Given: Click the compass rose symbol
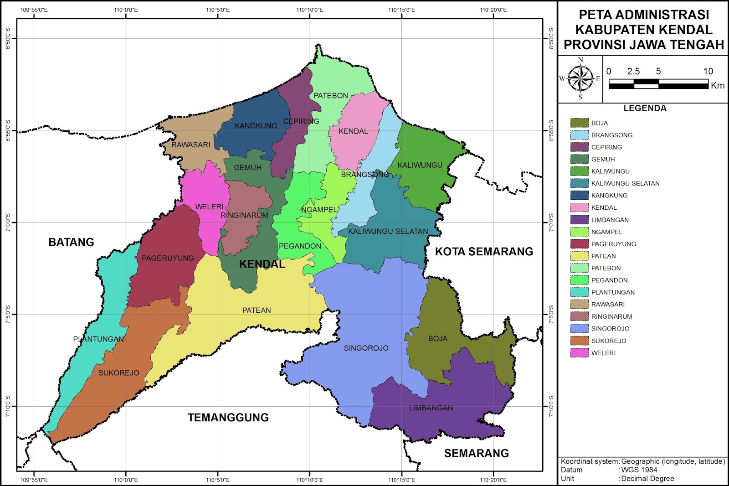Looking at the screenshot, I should tap(580, 78).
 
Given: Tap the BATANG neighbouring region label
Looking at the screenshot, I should tap(71, 242).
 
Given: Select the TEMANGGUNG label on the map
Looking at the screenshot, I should tap(228, 417).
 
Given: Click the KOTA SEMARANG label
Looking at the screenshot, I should tap(484, 251).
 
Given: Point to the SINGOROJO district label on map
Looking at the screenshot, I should tap(366, 348).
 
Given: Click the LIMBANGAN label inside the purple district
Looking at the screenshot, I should tap(431, 408).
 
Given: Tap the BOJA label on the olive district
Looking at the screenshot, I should tap(437, 338).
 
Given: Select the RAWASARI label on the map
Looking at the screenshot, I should tap(190, 145).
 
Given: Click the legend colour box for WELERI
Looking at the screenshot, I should tap(579, 353).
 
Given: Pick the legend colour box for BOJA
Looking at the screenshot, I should tap(579, 123).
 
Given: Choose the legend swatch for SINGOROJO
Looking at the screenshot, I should tap(579, 328).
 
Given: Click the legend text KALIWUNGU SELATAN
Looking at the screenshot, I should tap(625, 183).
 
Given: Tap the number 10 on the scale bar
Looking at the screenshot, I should tap(708, 71).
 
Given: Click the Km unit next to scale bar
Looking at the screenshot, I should tap(717, 86).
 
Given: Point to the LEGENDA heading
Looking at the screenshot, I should tap(645, 108).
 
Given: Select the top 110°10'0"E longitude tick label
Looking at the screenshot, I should tap(309, 10).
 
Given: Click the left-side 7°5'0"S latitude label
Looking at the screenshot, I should tap(8, 315).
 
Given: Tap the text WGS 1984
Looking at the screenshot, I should tap(639, 470).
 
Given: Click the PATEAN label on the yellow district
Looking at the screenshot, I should tap(257, 310).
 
